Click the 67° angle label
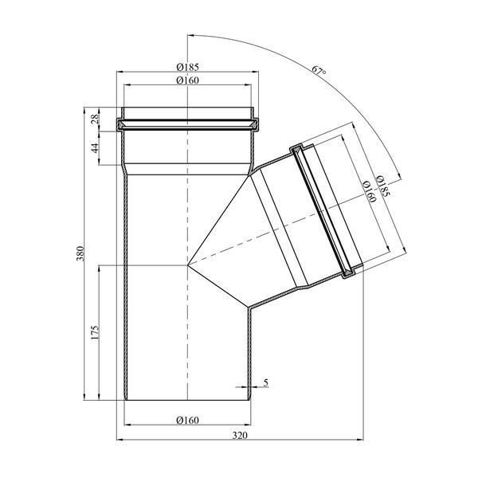coord(319,71)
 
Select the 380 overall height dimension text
coord(80,253)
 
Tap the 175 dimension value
coord(95,333)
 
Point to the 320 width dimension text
coord(241,435)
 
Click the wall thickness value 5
coord(266,382)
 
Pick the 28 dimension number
coord(95,118)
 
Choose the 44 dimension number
coord(95,148)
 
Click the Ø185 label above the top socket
coord(187,66)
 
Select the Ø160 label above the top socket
coord(187,80)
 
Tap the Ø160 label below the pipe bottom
coord(187,420)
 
